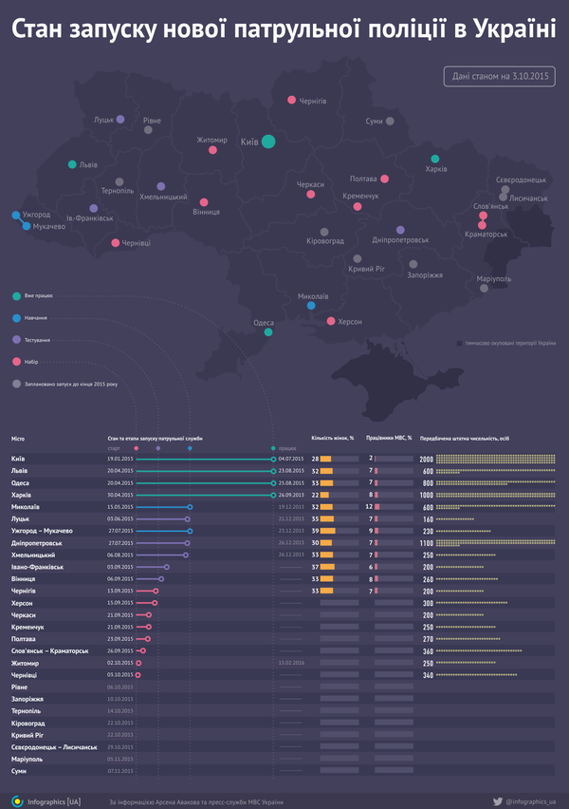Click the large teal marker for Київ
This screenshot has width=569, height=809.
[x=268, y=141]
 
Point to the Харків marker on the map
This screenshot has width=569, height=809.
[x=434, y=159]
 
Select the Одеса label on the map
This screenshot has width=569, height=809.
[x=264, y=323]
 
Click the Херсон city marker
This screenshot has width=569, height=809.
[x=331, y=321]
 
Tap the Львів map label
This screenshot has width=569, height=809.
[x=87, y=164]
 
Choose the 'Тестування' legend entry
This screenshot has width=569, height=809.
[x=38, y=339]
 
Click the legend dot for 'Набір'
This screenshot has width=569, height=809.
[x=16, y=362]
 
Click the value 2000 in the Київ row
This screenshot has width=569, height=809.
[x=427, y=459]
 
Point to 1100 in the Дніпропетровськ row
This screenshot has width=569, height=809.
[x=427, y=542]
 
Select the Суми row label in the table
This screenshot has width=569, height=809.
[x=19, y=770]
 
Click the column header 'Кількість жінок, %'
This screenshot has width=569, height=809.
[x=332, y=438]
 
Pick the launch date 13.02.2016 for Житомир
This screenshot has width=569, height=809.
[x=291, y=663]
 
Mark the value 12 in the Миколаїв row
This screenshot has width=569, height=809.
[x=371, y=507]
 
